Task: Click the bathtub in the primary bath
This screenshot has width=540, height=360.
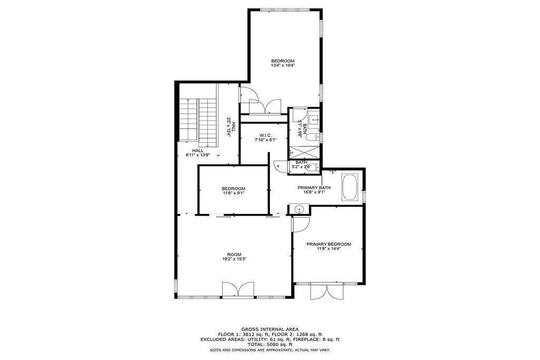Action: coord(350,187)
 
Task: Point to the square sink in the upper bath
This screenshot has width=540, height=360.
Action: coord(314,120)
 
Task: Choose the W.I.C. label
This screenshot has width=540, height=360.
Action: coord(266,135)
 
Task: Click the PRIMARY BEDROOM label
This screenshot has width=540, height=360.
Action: coord(329,244)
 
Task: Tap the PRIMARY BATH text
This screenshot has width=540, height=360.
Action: coord(314,188)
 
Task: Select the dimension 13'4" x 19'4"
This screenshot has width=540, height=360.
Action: coord(283,65)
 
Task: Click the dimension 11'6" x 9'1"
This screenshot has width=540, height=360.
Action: coord(234,193)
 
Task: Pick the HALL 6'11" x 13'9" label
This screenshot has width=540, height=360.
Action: coord(198,153)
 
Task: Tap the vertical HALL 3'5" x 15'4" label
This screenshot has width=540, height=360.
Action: coord(230,127)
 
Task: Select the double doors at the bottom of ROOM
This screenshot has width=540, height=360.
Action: coord(238,289)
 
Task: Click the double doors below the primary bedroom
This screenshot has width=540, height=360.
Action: coord(326,291)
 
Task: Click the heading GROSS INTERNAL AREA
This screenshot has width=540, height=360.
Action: coord(270,329)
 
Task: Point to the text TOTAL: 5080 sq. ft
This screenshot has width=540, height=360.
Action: coord(270,344)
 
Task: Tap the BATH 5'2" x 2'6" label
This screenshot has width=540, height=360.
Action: coord(302,164)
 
